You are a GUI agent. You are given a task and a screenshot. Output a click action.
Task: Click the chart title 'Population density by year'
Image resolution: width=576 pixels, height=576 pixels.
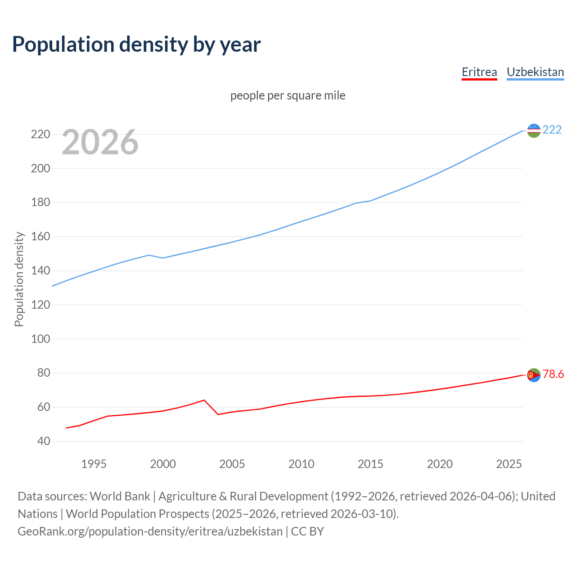[x=136, y=45]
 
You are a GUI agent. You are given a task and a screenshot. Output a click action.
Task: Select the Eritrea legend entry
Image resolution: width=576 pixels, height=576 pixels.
[x=479, y=72]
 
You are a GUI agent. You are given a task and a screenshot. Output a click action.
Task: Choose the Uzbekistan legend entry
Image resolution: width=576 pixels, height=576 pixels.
[x=535, y=72]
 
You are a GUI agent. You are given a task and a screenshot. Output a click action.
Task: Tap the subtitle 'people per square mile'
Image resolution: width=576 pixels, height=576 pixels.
[x=288, y=95]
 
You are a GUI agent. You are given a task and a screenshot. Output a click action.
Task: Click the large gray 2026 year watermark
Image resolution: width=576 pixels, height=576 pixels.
[x=100, y=142]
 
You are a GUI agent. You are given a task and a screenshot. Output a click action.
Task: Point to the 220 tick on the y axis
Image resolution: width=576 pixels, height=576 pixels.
[x=40, y=135]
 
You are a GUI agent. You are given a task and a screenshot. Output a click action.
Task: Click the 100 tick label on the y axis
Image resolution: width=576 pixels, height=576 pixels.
[x=40, y=339]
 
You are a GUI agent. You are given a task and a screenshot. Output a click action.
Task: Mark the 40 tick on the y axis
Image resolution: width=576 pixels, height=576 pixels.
[x=44, y=441]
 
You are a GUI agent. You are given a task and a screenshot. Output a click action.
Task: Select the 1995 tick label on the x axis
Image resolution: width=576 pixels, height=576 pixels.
[x=94, y=464]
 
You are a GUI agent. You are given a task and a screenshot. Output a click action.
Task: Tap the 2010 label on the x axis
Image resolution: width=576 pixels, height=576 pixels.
[x=301, y=464]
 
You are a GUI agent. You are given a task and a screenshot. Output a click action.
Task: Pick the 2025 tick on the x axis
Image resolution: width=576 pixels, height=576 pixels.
[x=508, y=464]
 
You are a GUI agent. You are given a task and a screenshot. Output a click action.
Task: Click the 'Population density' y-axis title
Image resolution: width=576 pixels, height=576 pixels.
[x=19, y=279]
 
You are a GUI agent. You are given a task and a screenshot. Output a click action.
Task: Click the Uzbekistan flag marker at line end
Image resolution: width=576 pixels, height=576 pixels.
[x=534, y=130]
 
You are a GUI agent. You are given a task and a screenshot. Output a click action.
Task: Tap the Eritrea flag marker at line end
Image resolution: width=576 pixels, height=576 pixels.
[x=534, y=375]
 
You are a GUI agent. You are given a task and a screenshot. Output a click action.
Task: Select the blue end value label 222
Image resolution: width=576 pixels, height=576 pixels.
[x=552, y=130]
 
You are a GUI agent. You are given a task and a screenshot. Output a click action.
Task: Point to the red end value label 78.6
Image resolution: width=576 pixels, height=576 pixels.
[x=553, y=374]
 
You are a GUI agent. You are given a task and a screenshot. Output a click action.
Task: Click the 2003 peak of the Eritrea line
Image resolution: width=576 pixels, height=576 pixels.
[x=204, y=400]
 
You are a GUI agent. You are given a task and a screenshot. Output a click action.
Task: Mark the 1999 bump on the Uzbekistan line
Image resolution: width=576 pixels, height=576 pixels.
[x=149, y=255]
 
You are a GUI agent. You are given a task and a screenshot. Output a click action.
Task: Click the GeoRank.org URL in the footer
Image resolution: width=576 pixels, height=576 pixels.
[x=150, y=531]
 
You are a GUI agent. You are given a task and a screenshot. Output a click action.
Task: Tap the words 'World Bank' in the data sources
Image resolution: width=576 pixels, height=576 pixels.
[x=120, y=496]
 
